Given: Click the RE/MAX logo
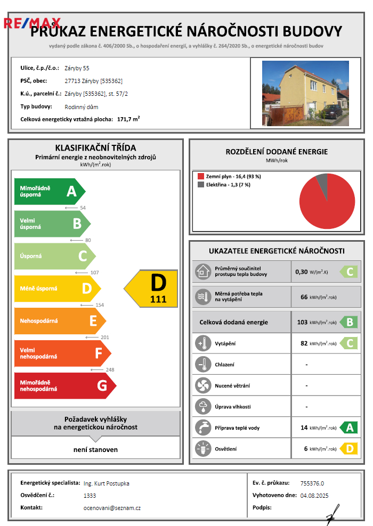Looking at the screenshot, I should point(32,23).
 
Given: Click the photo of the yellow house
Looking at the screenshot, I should point(305,93).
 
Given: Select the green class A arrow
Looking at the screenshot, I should point(49,191).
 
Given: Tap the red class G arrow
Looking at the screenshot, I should point(64,385).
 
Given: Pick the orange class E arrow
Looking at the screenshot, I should point(59,321).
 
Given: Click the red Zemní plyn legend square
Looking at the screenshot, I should point(201,176).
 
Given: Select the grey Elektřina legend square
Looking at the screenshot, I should point(201,185).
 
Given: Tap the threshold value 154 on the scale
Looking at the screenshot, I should point(99,305).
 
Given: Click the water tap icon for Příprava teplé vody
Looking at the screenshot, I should point(203,428).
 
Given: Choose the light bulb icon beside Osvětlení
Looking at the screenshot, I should point(203,449).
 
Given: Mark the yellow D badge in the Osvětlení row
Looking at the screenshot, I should point(349,449).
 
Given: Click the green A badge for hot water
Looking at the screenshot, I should point(349,428).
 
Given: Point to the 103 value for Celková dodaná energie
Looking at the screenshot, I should point(303,322).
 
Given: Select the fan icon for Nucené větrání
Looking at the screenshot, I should point(203,385).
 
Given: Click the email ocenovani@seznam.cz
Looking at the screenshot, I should point(112,508).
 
